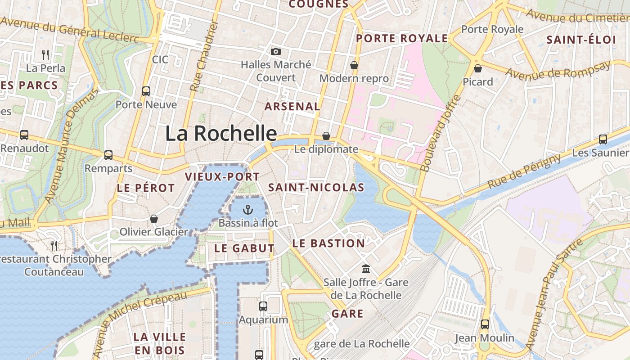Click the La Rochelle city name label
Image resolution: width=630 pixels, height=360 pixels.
click(x=221, y=134)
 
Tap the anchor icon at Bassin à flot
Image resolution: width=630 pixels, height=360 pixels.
click(x=248, y=209)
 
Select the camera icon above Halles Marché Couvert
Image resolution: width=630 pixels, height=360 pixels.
click(x=276, y=52)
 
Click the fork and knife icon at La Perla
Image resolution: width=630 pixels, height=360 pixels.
click(x=45, y=55)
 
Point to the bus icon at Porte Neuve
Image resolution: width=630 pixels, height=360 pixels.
click(x=146, y=91)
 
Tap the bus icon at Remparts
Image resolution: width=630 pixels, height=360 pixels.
click(x=108, y=155)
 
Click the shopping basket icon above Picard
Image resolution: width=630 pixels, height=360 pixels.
click(x=478, y=68)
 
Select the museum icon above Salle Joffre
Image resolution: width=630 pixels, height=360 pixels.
click(x=366, y=269)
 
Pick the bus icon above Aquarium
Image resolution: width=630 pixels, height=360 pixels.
click(x=263, y=306)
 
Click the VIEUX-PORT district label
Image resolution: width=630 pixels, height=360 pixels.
click(x=222, y=177)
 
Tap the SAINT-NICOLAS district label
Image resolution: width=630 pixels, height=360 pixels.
click(x=316, y=188)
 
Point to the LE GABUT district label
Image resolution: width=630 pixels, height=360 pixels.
click(x=244, y=248)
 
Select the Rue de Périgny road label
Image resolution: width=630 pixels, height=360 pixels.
click(x=524, y=171)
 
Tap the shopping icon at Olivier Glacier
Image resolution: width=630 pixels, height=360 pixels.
click(x=154, y=219)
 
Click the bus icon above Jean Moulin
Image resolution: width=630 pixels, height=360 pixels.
click(x=485, y=324)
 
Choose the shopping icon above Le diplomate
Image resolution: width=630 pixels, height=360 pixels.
click(x=326, y=136)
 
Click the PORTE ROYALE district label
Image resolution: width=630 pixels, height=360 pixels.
click(x=402, y=39)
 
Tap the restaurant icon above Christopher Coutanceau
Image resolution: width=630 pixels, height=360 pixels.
click(x=54, y=245)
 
